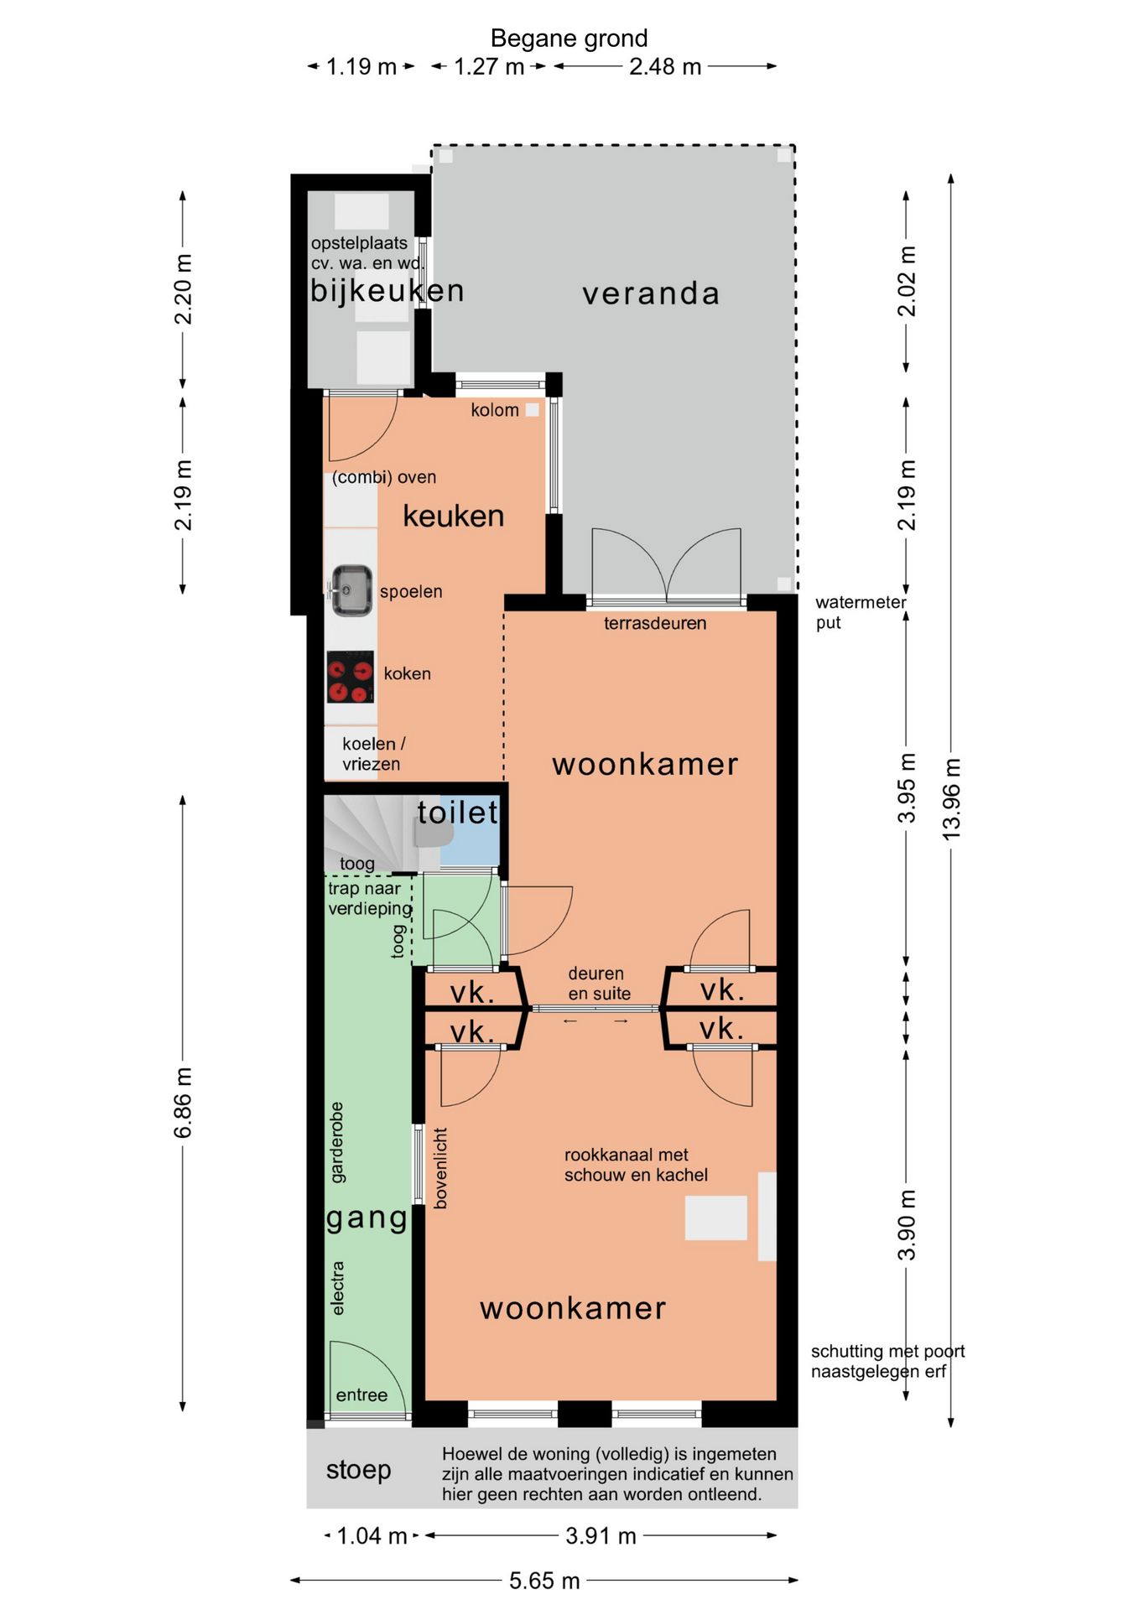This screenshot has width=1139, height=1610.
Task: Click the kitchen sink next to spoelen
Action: pos(351,590)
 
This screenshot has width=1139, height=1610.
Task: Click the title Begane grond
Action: pos(569,39)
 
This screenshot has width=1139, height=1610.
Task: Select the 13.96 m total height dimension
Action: pos(951,799)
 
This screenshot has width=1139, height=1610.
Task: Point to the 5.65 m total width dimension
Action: pos(544,1581)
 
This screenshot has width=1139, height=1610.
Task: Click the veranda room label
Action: pos(651,293)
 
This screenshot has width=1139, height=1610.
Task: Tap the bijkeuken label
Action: pos(387,291)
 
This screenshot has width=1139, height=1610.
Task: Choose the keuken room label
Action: pos(454,516)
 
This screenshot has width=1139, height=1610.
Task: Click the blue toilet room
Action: pos(469,830)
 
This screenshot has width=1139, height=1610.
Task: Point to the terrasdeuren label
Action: pos(655,623)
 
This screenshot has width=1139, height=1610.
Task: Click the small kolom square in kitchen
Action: pos(532,410)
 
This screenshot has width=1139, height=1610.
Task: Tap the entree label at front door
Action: pos(361,1394)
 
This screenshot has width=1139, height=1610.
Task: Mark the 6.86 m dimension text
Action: pos(183,1103)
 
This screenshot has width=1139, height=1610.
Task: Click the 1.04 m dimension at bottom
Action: pos(372,1535)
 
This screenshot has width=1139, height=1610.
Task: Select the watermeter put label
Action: pos(861,612)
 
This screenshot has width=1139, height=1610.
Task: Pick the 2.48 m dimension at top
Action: pos(665,66)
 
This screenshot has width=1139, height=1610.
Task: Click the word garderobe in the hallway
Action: pos(336,1142)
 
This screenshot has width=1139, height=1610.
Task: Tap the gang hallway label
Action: pos(367,1218)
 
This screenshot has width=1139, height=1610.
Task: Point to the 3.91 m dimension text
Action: pos(601,1535)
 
